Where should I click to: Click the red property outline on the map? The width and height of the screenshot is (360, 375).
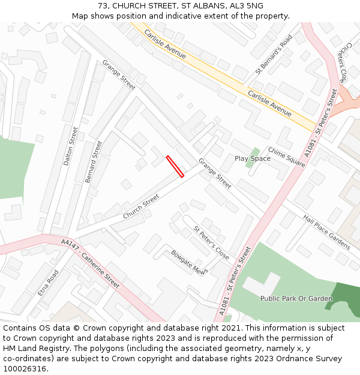click(175, 167)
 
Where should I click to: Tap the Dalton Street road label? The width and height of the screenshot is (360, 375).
click(71, 146)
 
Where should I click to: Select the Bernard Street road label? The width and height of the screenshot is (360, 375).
click(94, 162)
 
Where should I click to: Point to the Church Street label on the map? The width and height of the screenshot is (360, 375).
click(141, 206)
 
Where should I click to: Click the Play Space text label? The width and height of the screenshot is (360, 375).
click(252, 158)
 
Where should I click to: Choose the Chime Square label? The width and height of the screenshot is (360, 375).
click(286, 157)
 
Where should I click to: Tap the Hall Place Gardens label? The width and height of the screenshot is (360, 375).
click(326, 232)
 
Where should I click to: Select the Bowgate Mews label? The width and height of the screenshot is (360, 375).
click(188, 262)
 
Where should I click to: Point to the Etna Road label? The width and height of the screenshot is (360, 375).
click(48, 283)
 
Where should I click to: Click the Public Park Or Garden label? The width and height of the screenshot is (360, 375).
click(296, 298)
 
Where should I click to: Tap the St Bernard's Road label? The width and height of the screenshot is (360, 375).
click(273, 54)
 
